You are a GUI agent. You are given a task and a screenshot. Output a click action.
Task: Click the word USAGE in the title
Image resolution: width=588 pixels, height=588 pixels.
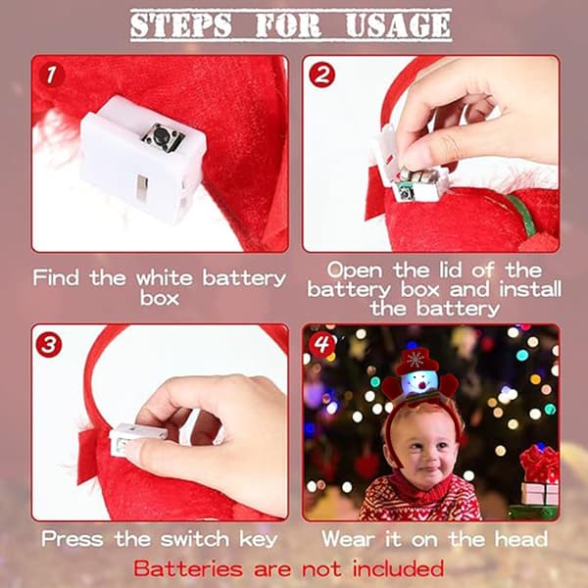398,25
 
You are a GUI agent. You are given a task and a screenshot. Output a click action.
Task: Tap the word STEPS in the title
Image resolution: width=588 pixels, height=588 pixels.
180,25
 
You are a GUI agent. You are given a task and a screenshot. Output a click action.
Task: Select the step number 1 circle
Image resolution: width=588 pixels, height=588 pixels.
51,75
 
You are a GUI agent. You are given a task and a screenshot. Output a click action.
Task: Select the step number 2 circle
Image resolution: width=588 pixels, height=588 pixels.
321,75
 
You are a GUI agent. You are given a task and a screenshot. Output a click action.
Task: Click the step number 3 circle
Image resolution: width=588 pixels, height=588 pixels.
49,345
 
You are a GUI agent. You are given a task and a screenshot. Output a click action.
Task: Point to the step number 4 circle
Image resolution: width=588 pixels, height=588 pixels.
321,345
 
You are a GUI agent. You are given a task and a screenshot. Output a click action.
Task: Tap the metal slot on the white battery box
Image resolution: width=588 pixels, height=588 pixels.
142,188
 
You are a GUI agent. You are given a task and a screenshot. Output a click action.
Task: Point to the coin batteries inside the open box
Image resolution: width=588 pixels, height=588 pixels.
417,175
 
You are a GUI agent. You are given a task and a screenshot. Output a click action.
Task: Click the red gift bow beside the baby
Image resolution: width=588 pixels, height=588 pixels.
538,465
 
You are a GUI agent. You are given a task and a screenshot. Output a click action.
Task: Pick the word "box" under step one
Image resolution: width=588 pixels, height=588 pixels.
160,298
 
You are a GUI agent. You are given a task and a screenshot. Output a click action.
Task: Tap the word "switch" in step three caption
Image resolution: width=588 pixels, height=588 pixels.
195,539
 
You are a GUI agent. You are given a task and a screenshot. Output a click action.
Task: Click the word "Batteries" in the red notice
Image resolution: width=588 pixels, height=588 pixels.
188,568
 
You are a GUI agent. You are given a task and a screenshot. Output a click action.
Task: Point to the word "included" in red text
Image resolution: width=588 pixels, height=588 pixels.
398,568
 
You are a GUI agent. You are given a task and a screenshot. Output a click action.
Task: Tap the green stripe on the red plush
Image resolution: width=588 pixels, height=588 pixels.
520,215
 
